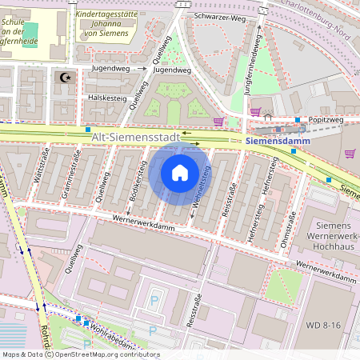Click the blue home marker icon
tap(180, 172)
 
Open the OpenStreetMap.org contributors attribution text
tap(104, 354)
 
